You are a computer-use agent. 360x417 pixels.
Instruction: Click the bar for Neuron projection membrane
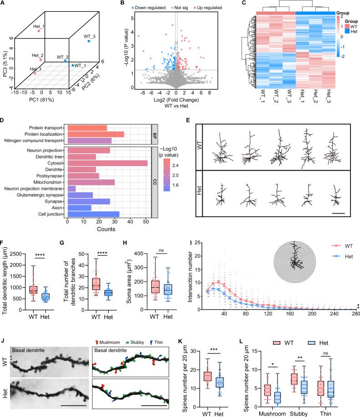point(72,188)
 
